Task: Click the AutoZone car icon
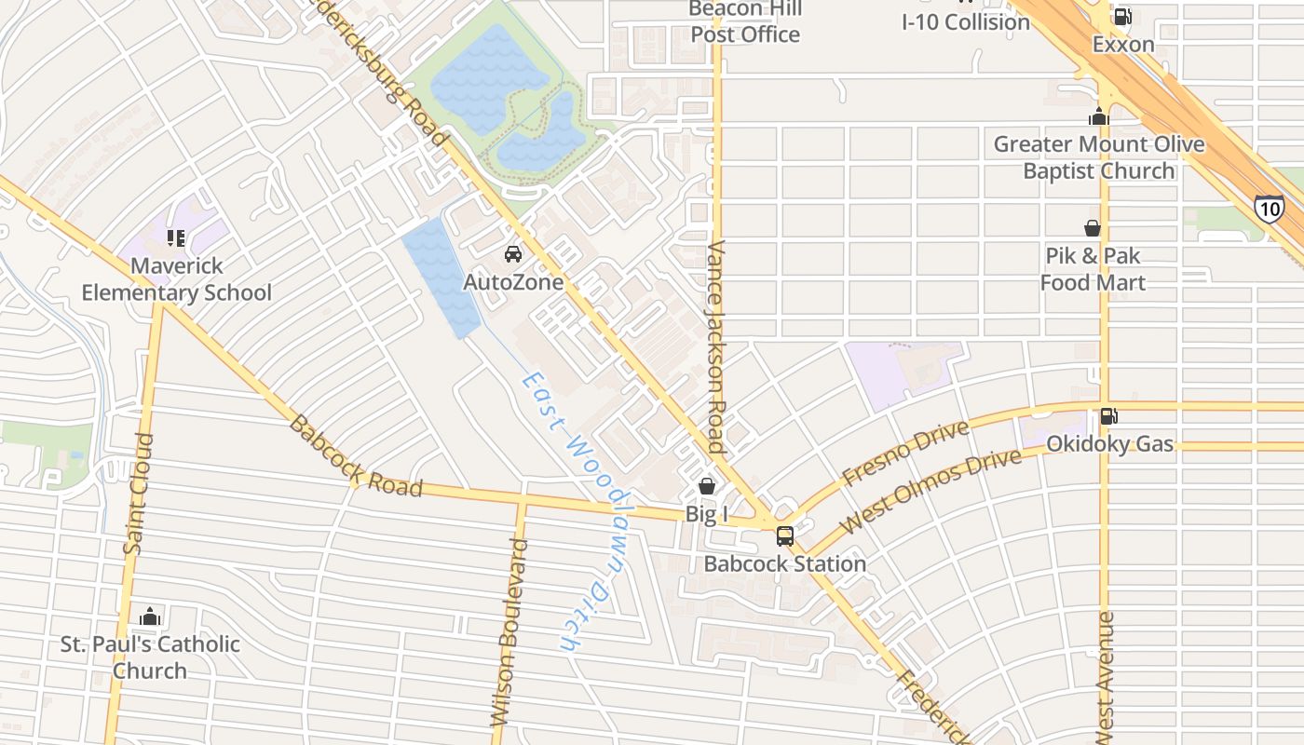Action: pos(512,254)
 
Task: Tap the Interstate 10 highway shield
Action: pos(1268,208)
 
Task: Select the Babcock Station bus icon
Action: pos(785,536)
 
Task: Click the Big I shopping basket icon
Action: pos(707,486)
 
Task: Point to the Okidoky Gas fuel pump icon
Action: pos(1108,416)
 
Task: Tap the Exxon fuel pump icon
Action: pos(1122,17)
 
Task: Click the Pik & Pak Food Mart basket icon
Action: pos(1092,228)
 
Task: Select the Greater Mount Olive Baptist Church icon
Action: pos(1099,117)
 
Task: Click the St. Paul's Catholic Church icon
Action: pos(150,616)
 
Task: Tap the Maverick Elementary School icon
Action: pos(176,238)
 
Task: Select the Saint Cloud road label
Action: pos(137,494)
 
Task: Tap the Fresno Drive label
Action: pos(904,453)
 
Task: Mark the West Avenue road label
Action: pos(1105,675)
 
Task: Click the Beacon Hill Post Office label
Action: pos(745,22)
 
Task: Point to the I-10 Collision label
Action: pos(966,22)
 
